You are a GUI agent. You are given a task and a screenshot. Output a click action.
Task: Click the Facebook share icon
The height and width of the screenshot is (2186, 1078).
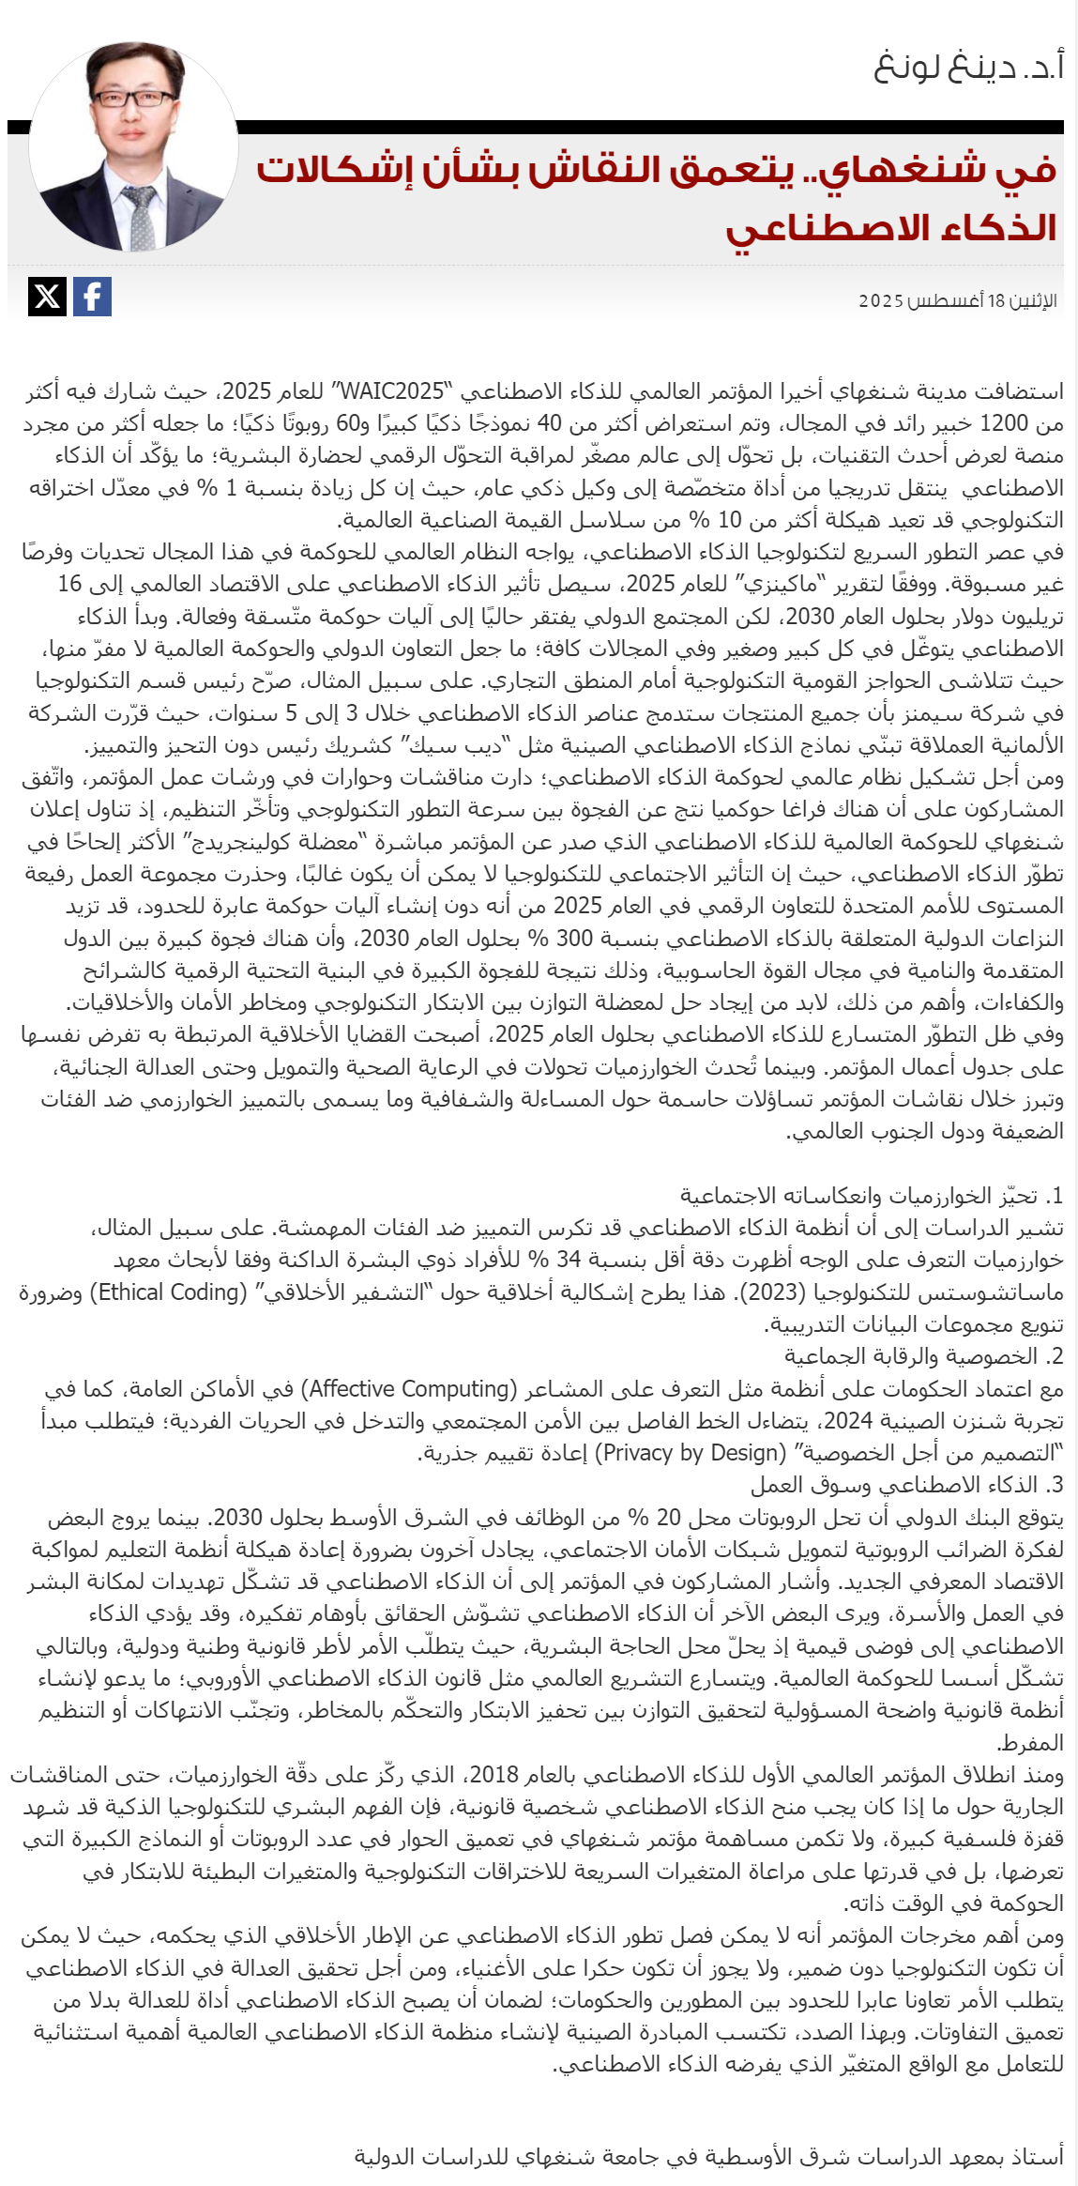[x=92, y=297]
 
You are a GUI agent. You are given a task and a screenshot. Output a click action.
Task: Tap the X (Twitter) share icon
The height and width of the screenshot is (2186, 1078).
[x=47, y=297]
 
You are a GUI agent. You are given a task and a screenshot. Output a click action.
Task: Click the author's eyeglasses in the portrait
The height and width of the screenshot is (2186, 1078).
[x=133, y=99]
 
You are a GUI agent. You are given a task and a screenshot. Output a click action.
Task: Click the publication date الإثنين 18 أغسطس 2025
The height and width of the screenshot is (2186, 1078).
[x=957, y=301]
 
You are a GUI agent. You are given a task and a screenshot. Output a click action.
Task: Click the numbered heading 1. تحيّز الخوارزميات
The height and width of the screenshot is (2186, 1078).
[x=872, y=1196]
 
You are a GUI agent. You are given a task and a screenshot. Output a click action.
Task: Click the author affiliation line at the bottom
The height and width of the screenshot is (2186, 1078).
[x=708, y=2156]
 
